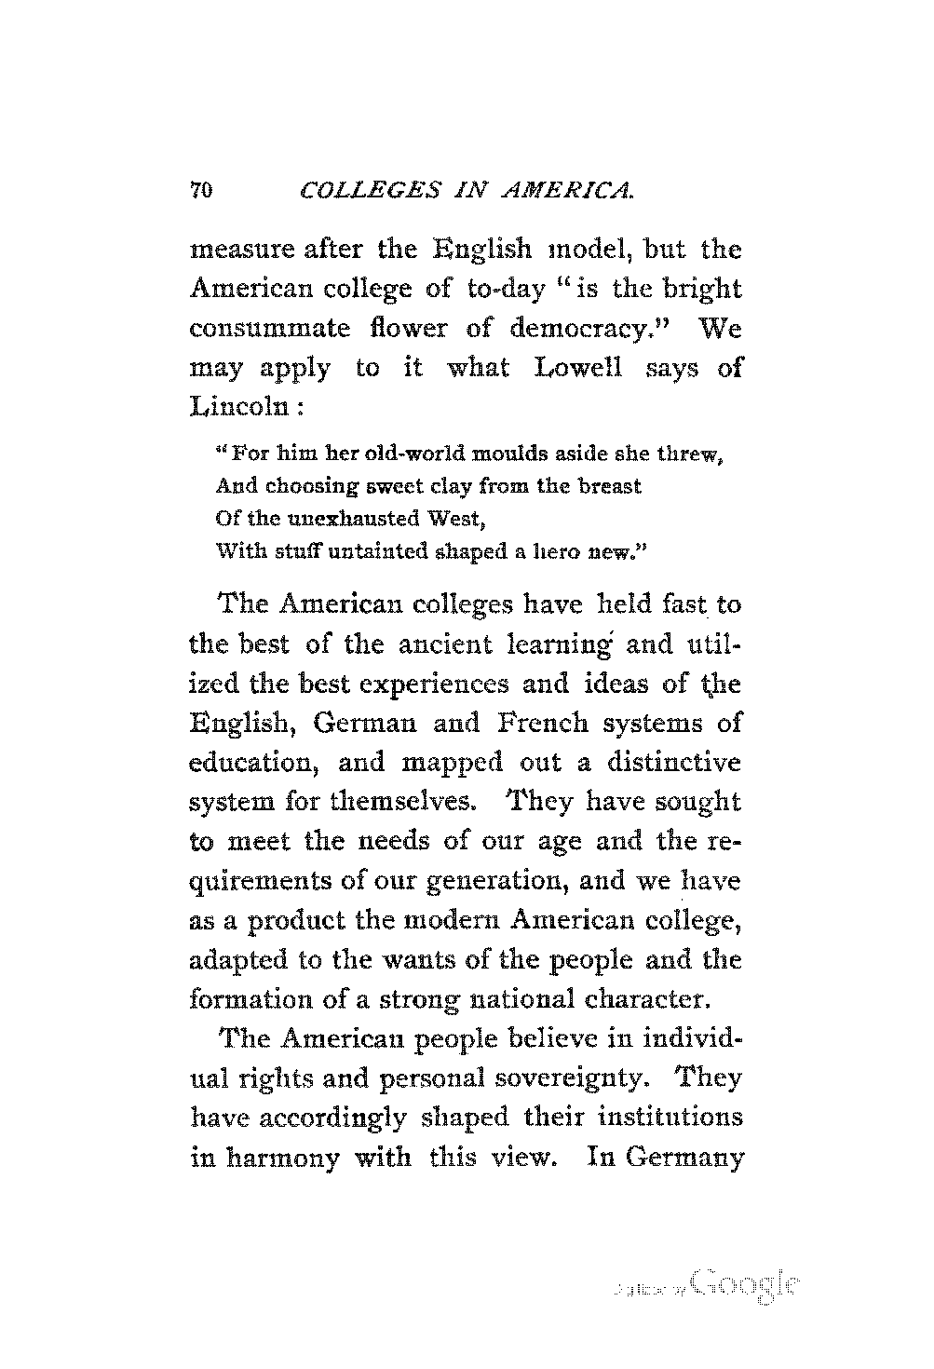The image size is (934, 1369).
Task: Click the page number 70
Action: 202,192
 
